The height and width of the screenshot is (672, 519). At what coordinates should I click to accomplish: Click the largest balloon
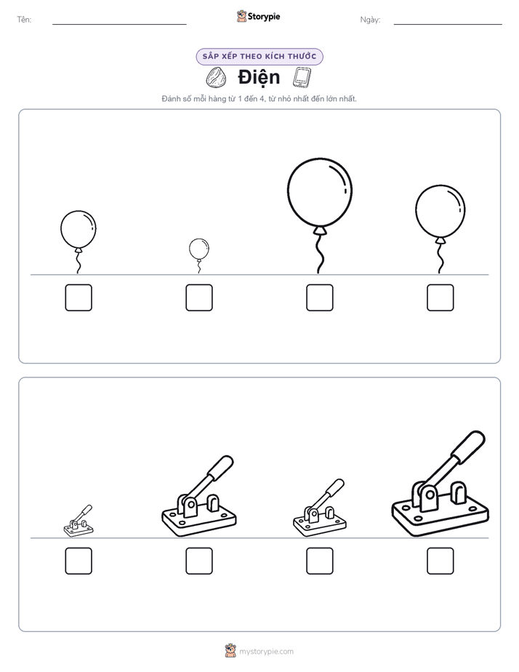click(320, 192)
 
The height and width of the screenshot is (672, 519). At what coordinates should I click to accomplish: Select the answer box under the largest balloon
click(320, 297)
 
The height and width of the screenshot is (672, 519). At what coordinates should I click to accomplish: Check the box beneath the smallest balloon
click(199, 297)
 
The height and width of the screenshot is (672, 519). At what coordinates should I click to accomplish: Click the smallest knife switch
click(79, 521)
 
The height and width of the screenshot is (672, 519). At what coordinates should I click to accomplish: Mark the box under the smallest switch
click(79, 561)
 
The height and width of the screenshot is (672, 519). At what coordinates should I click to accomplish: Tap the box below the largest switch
click(440, 561)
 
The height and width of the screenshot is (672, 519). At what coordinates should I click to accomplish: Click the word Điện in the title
click(259, 78)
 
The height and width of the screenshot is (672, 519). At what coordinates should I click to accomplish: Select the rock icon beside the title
click(217, 78)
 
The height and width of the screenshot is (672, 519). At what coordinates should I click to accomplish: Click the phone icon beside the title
click(302, 78)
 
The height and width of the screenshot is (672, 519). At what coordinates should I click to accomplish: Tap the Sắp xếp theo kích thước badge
click(259, 57)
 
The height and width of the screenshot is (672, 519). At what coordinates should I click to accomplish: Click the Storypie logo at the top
click(259, 16)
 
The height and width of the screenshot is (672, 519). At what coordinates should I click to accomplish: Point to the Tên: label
click(24, 20)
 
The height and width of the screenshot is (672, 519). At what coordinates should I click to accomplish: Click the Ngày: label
click(370, 20)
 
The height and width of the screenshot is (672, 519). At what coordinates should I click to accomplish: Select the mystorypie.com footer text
click(266, 652)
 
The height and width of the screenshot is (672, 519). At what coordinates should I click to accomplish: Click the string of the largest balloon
click(319, 254)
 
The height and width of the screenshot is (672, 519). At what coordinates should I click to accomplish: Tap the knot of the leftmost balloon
click(79, 249)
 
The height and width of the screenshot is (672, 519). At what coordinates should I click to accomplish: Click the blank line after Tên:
click(119, 24)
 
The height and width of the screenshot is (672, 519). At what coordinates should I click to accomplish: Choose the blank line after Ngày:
click(448, 24)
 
